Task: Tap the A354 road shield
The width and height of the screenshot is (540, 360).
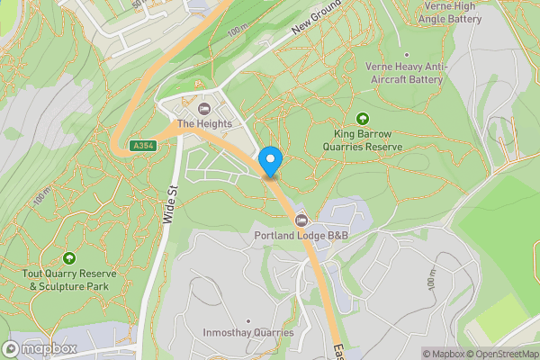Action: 141,146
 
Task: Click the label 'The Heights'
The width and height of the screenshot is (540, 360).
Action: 204,123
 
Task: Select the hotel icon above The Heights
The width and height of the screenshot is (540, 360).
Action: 204,108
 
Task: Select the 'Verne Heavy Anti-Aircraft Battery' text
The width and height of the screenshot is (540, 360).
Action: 405,72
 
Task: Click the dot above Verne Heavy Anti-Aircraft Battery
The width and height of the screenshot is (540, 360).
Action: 406,54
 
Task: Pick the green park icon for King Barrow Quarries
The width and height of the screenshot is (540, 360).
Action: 363,118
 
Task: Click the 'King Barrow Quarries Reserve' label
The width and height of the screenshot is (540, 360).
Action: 363,139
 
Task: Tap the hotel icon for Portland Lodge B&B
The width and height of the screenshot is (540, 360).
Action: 301,221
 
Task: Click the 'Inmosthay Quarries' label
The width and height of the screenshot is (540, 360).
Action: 247,333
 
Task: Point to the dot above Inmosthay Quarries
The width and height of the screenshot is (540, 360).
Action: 247,320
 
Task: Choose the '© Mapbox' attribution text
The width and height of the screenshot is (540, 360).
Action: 442,354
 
